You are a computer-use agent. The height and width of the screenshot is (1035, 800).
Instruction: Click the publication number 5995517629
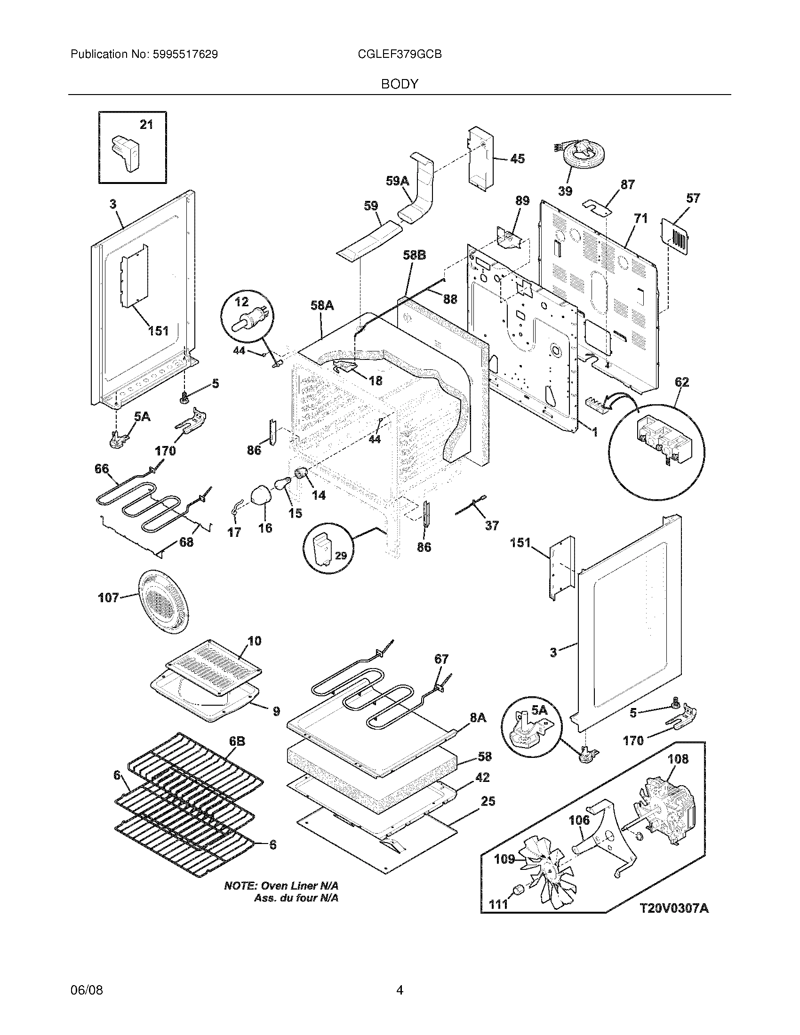185,55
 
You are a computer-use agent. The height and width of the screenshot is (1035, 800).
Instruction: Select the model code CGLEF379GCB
400,55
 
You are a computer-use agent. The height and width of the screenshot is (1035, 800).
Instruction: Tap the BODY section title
400,84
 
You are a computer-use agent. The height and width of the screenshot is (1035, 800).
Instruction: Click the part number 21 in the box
146,125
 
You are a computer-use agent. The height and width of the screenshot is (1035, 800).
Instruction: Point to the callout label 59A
397,181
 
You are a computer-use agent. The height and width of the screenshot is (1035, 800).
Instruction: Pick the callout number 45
517,159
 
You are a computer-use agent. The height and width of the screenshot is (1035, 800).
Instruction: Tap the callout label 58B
414,255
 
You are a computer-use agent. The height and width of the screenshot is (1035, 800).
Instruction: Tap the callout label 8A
478,718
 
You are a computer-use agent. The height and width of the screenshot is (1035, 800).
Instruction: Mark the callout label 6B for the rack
237,741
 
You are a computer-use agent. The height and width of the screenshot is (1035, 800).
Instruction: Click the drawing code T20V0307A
674,908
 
